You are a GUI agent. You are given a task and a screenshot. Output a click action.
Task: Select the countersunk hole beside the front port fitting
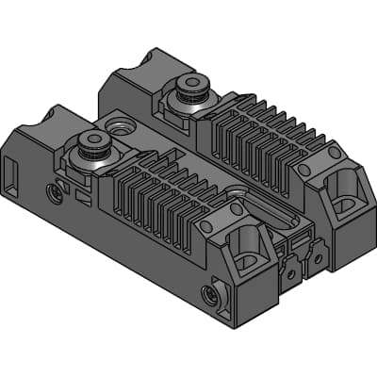120,124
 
